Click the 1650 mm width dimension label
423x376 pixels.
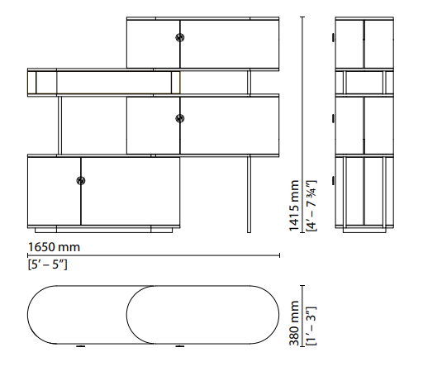pyautogui.click(x=54, y=247)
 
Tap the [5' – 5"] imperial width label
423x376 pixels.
pyautogui.click(x=48, y=264)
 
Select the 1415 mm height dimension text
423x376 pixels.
pyautogui.click(x=294, y=206)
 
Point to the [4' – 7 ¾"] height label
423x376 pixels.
pyautogui.click(x=311, y=206)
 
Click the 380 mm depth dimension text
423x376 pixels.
pyautogui.click(x=294, y=323)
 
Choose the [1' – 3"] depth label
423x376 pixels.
pyautogui.click(x=311, y=326)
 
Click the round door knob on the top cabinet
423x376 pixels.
pyautogui.click(x=180, y=37)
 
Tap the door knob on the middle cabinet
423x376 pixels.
pyautogui.click(x=180, y=118)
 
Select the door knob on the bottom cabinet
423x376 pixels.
pyautogui.click(x=81, y=181)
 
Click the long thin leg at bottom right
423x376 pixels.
pyautogui.click(x=249, y=194)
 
